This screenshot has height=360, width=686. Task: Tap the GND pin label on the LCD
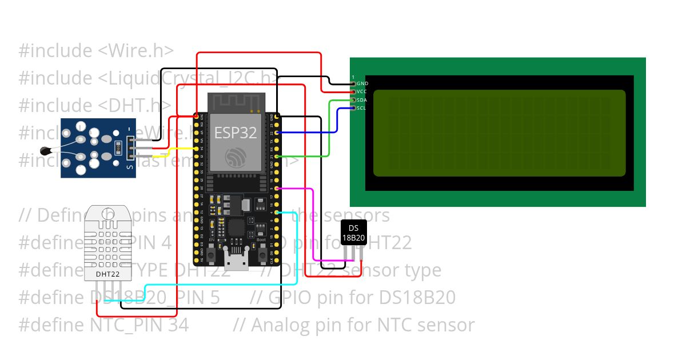pos(362,83)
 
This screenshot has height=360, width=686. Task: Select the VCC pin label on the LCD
pos(362,91)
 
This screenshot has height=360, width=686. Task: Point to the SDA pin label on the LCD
pos(362,100)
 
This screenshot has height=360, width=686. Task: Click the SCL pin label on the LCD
pos(361,108)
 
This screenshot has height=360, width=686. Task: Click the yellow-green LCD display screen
pos(499,133)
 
